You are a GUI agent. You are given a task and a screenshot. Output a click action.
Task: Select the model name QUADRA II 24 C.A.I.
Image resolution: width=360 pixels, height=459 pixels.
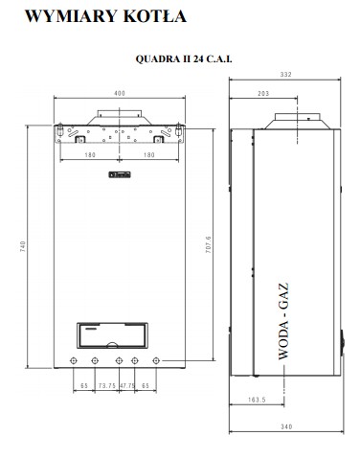pos(184,58)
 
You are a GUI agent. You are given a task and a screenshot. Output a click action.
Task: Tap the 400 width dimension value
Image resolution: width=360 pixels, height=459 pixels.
pos(120,93)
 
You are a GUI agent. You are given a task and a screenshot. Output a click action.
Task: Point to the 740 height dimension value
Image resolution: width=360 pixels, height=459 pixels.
pos(23,246)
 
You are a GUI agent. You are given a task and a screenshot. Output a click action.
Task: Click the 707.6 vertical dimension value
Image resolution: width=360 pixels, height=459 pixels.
pos(208,245)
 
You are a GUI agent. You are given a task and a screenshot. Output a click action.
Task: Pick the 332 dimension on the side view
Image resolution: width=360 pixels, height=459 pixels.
pos(286,74)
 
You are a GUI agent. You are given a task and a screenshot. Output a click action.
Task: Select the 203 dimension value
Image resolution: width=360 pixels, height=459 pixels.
pos(263,93)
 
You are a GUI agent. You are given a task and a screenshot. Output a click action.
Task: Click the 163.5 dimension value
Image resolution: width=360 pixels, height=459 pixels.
pos(257,400)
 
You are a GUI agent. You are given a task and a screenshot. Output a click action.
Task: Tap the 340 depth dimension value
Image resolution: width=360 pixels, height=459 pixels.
pos(286,426)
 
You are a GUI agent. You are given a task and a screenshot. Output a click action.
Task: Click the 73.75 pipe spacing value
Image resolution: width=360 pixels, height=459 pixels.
pos(107,385)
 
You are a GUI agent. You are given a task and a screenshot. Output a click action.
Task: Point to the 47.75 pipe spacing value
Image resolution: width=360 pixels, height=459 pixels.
pos(127,385)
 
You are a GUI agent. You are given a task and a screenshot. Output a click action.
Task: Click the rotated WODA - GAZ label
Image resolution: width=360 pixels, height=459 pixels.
pos(283,321)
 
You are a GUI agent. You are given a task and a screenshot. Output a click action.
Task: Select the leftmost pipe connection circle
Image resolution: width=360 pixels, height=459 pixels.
pos(74,360)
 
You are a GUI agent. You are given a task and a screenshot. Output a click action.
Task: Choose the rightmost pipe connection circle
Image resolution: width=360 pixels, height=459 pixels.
pos(156,360)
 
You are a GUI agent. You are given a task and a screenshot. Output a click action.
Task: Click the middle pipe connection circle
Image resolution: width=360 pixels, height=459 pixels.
pos(119,360)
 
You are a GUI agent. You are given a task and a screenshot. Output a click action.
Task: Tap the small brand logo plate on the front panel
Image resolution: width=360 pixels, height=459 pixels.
pos(120,174)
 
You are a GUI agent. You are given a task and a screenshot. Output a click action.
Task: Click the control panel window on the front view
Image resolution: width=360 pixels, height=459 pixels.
pos(112,335)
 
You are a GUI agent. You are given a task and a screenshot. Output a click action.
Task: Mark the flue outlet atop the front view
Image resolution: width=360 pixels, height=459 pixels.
pos(120,118)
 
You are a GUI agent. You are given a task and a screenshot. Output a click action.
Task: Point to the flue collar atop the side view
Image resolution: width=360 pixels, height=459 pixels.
pos(298,121)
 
